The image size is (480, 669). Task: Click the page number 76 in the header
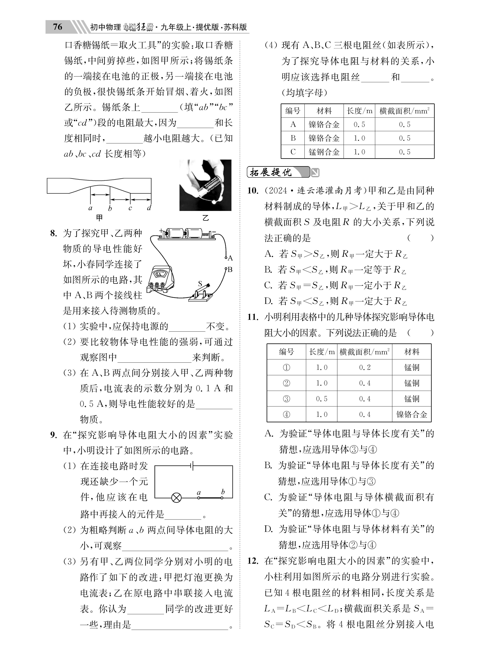click(58, 27)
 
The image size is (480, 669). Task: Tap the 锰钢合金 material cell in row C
click(324, 152)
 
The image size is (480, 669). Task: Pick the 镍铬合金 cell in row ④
click(412, 414)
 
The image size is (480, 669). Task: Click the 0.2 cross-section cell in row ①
click(365, 368)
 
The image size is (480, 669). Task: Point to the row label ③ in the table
click(286, 399)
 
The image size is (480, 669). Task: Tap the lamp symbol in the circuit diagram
click(176, 498)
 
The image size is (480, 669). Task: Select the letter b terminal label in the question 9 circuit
click(223, 492)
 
